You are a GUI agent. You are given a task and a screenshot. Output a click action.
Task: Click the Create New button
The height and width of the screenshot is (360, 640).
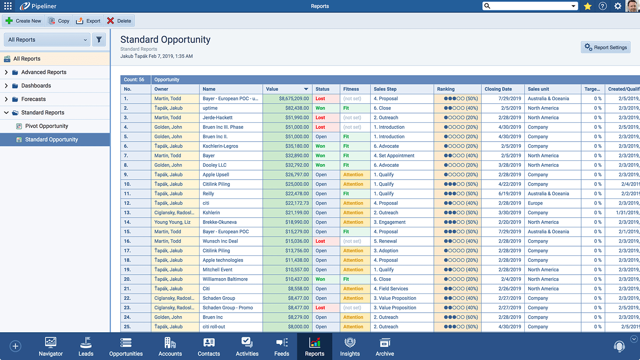coord(23,21)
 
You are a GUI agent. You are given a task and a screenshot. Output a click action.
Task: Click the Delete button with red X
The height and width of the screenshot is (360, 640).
coord(119,21)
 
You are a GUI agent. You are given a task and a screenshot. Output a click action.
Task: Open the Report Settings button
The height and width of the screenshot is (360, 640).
coord(605,47)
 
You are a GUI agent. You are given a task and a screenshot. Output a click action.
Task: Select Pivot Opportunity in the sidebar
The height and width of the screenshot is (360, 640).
coord(47,126)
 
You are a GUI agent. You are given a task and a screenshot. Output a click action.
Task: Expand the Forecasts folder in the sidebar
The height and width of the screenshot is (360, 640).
coord(6,99)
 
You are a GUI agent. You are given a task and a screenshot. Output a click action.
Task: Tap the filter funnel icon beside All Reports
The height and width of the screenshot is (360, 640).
coord(99,40)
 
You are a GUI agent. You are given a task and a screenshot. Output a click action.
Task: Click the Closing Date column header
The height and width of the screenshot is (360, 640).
coord(498,89)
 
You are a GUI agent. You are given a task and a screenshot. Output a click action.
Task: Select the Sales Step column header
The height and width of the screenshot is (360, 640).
coord(385,89)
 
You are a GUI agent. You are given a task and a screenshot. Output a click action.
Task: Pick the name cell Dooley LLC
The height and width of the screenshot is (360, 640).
coord(215,165)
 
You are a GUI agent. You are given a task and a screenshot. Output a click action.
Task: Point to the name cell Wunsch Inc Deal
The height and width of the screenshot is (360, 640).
coord(220,241)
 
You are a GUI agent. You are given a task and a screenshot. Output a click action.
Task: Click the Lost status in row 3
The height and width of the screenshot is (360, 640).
coord(320,118)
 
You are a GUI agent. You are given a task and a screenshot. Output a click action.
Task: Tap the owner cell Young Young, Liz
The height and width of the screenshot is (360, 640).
coord(172,222)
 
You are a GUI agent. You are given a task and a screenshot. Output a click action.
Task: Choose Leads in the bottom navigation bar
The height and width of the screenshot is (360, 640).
coord(86,346)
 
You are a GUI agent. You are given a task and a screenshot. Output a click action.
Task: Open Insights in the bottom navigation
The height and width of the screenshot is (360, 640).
coord(350,346)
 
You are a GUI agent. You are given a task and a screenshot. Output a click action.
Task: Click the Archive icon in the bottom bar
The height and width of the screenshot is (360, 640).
coord(385,343)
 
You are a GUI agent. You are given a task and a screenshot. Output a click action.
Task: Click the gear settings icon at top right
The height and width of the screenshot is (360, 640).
coord(617,6)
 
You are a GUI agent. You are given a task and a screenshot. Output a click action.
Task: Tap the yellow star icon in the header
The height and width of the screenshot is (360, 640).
coord(588,6)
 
